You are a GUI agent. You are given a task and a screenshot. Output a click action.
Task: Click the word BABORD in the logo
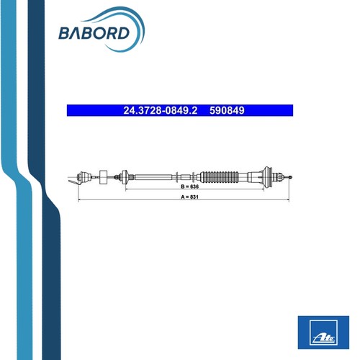94,33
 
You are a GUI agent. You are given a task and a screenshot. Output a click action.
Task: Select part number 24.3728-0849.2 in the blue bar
161,111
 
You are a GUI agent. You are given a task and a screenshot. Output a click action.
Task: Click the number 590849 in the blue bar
227,111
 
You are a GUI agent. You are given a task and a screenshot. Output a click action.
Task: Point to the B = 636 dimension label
189,186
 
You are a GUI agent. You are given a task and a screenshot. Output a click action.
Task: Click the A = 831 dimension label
189,197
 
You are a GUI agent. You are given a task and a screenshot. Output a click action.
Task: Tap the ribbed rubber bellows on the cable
220,177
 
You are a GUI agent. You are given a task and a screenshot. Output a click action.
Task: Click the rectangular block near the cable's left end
104,177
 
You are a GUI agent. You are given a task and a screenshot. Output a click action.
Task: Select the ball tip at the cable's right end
291,177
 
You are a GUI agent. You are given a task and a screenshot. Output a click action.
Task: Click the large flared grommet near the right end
268,177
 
